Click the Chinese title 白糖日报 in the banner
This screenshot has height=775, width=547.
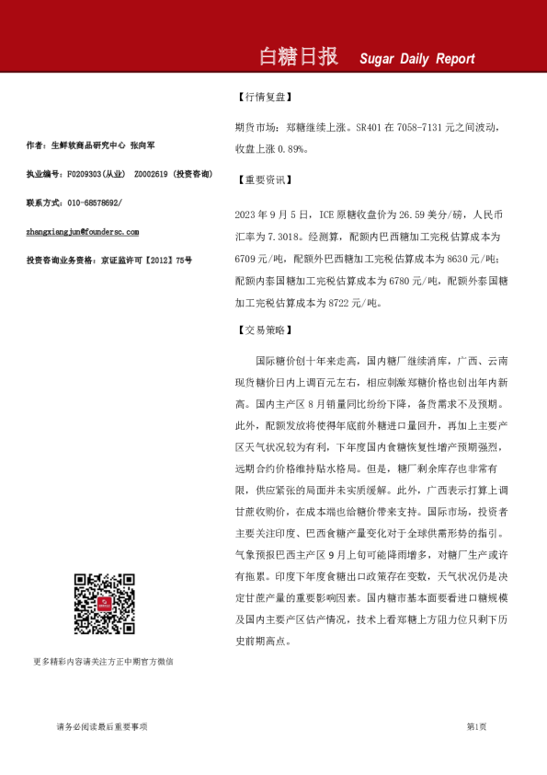tap(300, 57)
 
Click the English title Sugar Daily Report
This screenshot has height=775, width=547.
tap(417, 59)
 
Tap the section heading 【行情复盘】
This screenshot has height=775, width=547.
tap(265, 97)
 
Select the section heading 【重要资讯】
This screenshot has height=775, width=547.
tap(265, 180)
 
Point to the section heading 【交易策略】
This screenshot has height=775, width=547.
tap(265, 330)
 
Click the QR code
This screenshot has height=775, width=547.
tap(104, 604)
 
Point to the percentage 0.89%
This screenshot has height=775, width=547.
tap(296, 147)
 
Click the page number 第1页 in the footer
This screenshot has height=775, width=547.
tap(476, 727)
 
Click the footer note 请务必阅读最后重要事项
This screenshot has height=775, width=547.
tap(101, 727)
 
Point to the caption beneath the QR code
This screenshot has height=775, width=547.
tap(103, 661)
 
